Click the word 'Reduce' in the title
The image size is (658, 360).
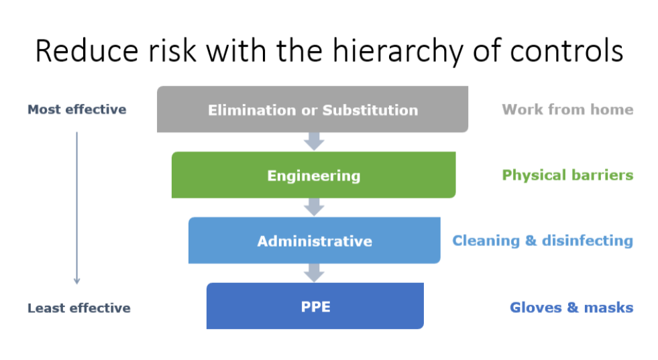[x=87, y=51]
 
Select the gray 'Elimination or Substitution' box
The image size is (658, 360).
[x=313, y=109]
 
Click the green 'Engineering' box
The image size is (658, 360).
[x=313, y=174]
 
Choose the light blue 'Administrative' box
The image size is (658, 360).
[x=315, y=241]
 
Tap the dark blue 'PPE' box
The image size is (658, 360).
[x=315, y=306]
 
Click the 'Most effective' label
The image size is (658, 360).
[x=76, y=109]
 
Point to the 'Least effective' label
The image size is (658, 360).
[x=79, y=308]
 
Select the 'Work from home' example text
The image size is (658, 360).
[x=567, y=109]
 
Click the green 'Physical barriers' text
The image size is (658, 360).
[x=567, y=176]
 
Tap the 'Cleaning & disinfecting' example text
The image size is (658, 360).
[x=543, y=241]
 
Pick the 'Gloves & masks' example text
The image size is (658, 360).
[x=571, y=308]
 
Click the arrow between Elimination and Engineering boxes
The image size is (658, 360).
[x=314, y=141]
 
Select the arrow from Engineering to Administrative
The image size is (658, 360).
[x=314, y=207]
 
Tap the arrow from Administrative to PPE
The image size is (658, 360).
[x=314, y=273]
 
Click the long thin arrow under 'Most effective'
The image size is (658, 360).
[x=76, y=208]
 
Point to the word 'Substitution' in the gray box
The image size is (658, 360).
[x=370, y=110]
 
